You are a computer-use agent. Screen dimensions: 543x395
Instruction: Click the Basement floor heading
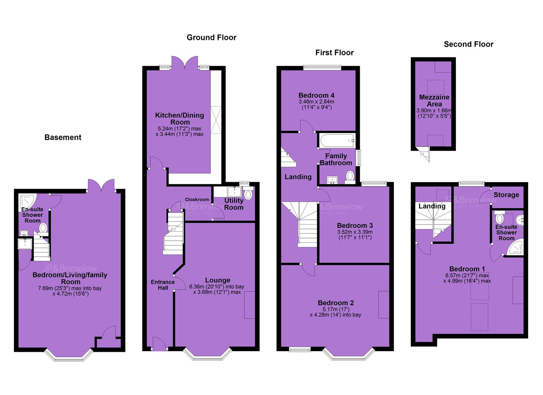click(63, 137)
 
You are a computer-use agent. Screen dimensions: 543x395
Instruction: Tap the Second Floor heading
click(468, 44)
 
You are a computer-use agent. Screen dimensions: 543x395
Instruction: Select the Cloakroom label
click(197, 199)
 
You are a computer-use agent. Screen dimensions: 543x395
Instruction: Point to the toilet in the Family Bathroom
click(350, 177)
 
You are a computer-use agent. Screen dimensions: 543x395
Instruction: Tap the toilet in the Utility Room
click(248, 193)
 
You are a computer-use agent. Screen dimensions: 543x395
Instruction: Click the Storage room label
click(506, 195)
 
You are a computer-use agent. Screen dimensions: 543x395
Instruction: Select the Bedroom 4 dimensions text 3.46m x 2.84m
click(316, 102)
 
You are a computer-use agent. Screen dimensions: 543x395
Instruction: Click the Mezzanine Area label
click(434, 101)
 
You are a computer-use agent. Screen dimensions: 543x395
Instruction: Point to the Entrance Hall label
click(163, 285)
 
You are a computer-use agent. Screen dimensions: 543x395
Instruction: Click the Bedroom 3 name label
click(355, 226)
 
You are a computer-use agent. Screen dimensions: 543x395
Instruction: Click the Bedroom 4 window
click(322, 68)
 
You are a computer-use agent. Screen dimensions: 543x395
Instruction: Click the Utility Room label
click(234, 204)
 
